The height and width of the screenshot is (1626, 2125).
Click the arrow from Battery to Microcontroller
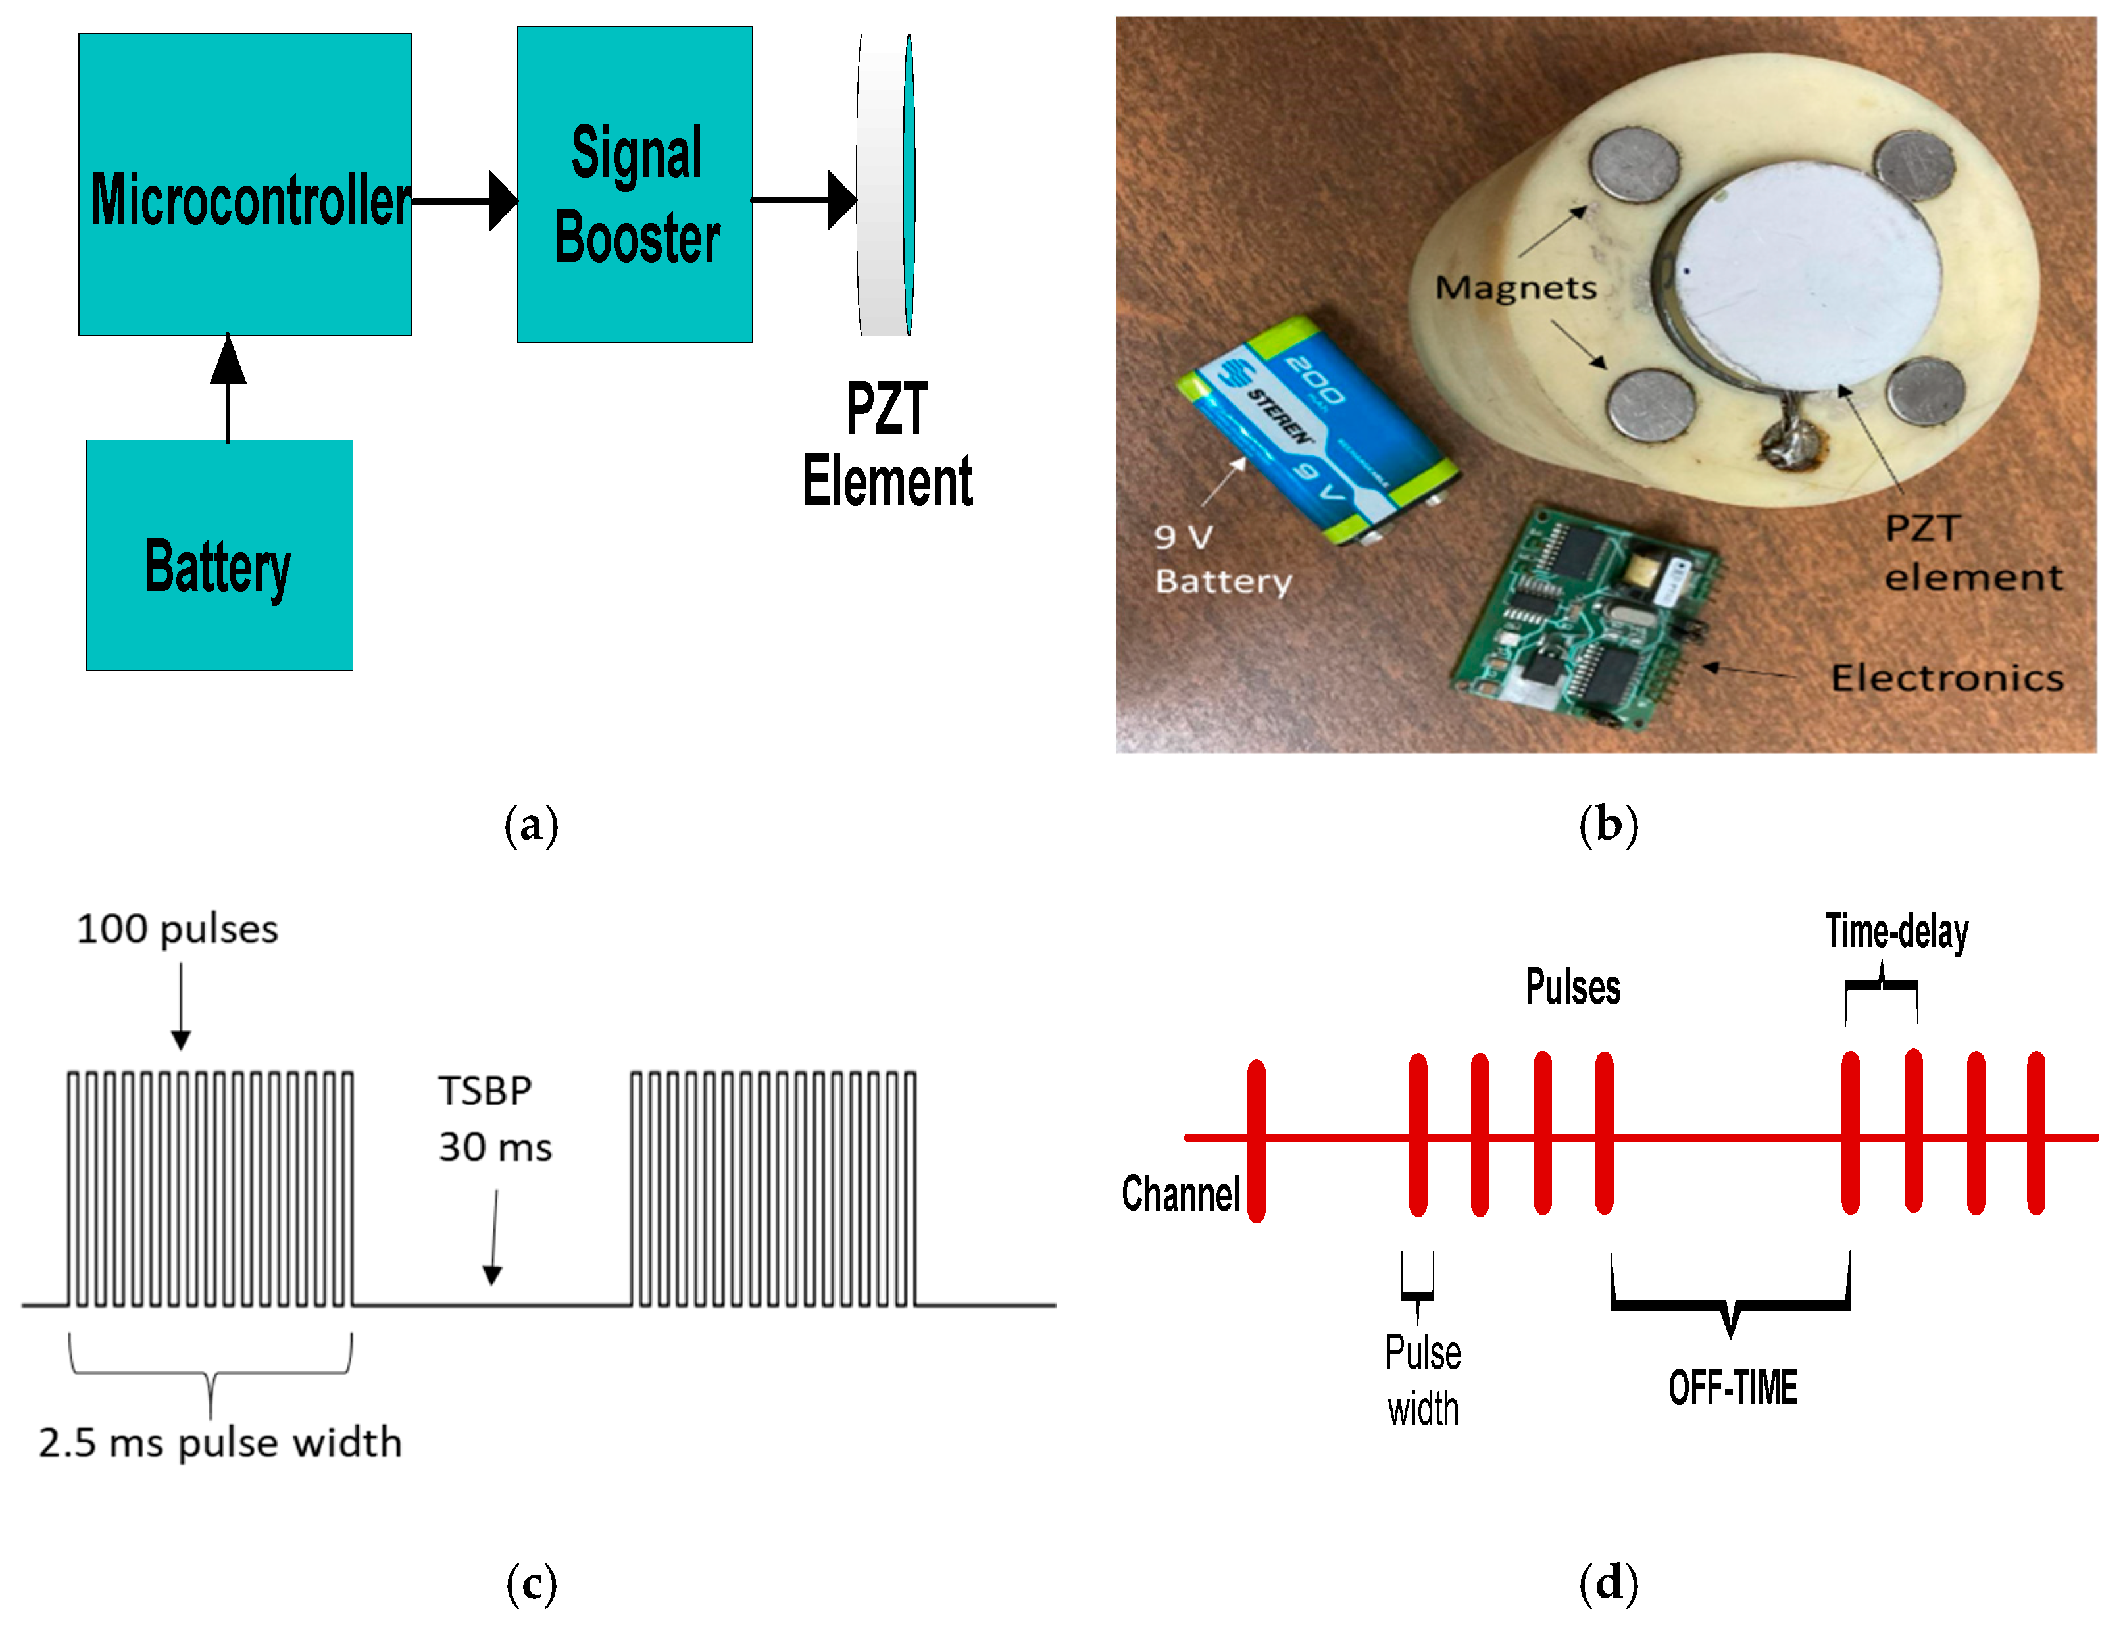point(228,387)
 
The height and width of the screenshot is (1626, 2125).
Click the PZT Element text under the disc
point(888,445)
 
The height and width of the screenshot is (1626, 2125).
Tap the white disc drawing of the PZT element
point(884,184)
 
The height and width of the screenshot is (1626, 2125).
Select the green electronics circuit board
point(1587,619)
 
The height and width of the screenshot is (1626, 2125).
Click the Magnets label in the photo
point(1515,288)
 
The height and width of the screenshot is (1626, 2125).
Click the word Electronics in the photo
point(1947,678)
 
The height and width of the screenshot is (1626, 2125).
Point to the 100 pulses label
point(177,929)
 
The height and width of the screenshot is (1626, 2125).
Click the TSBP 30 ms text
point(495,1119)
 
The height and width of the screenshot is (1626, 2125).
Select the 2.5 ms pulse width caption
point(220,1443)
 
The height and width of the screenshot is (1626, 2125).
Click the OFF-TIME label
point(1732,1388)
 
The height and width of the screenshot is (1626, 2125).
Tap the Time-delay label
point(1897,931)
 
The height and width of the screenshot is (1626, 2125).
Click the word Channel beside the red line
point(1180,1194)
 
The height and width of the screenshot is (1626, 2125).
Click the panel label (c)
point(532,1585)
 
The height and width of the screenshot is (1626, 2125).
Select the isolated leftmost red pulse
point(1256,1140)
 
